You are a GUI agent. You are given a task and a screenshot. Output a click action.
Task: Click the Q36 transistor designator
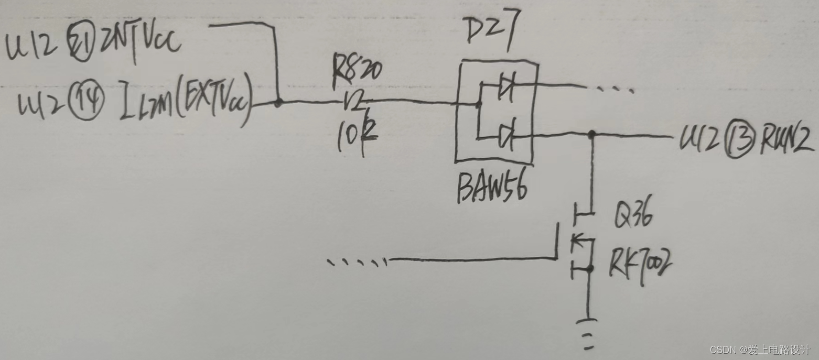pos(632,216)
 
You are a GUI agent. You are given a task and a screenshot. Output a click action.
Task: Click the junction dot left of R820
pos(278,103)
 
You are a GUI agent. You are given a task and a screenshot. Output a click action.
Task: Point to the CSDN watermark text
pos(760,350)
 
